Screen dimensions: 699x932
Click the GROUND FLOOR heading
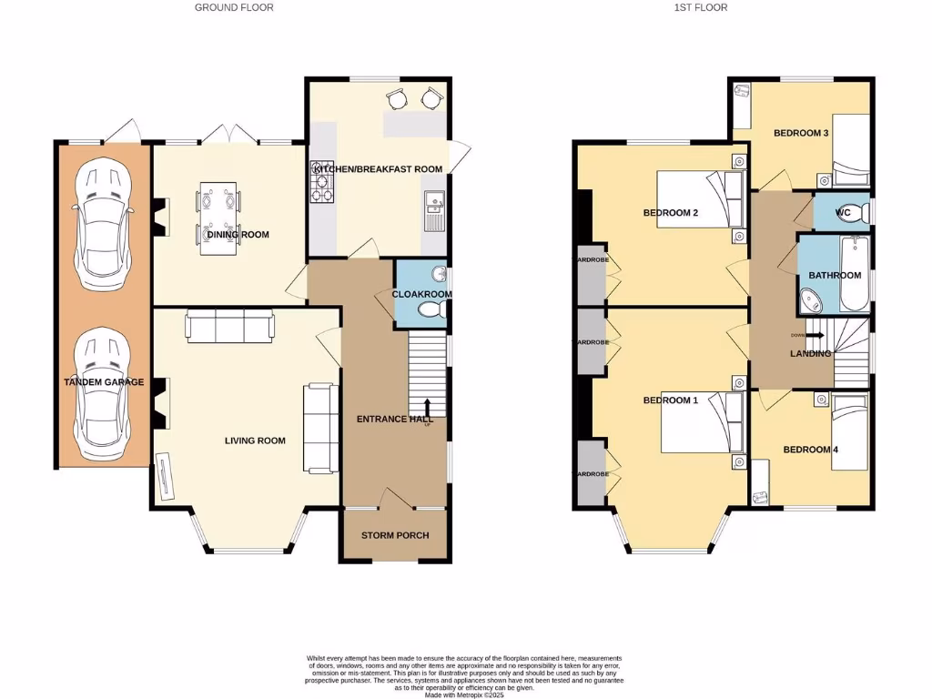click(234, 7)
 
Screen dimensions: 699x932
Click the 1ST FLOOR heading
click(700, 7)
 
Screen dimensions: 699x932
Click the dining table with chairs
click(218, 215)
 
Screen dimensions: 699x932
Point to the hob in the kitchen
click(322, 187)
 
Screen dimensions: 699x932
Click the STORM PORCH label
click(395, 535)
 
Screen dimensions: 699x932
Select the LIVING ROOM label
click(255, 441)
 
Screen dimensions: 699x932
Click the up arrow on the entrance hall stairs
click(427, 406)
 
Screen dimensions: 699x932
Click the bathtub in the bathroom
click(853, 273)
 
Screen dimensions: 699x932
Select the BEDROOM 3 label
click(801, 133)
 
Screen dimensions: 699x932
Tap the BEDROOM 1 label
click(670, 400)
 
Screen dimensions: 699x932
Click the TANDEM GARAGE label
click(104, 382)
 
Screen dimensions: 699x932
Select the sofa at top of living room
click(230, 326)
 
